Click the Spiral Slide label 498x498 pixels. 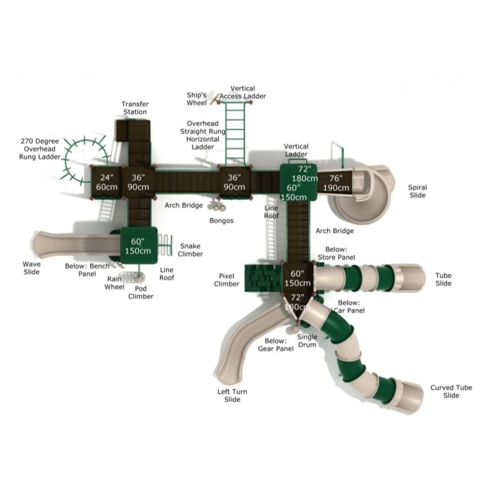[417, 191]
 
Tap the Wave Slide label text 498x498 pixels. [32, 268]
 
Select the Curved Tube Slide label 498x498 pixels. [451, 392]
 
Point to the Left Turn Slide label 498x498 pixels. [232, 395]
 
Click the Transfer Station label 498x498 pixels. [135, 108]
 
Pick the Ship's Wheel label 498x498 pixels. [197, 99]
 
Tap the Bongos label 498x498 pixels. [222, 220]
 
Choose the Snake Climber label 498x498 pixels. [190, 250]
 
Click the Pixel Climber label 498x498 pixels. [227, 280]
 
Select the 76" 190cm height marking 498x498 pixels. [336, 183]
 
